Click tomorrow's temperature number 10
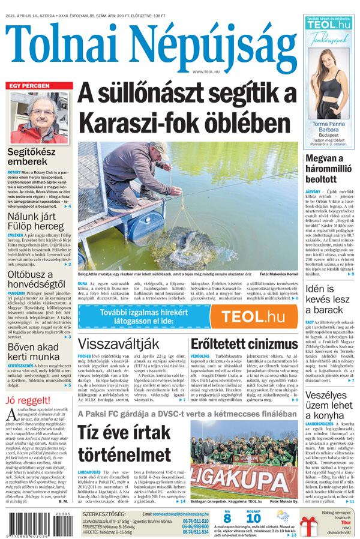[x=253, y=519]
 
